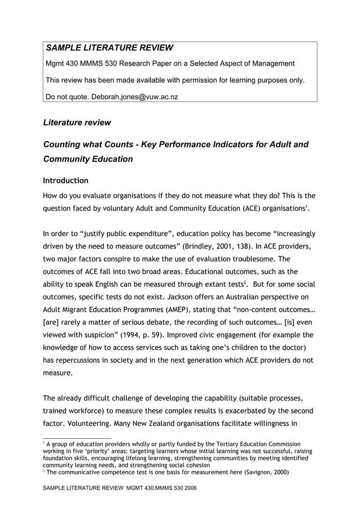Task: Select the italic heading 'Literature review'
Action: click(x=77, y=123)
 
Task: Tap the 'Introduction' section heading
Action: click(x=65, y=181)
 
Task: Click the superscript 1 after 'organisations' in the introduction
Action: click(x=308, y=207)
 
